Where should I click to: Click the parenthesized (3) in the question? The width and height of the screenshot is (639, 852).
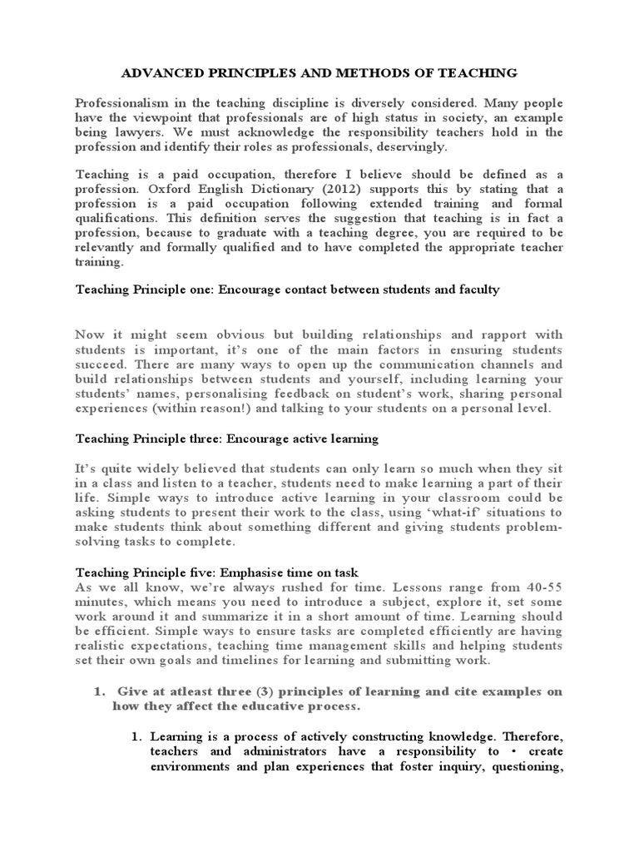250,691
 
